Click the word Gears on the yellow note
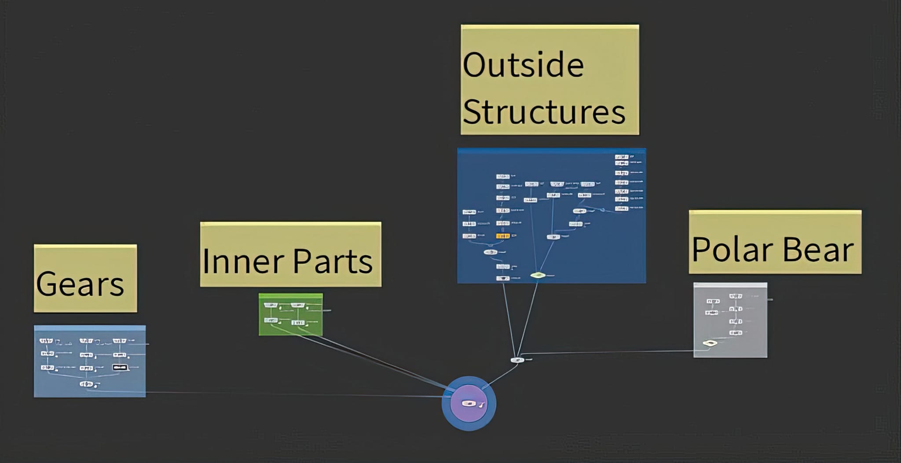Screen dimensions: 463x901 tap(80, 284)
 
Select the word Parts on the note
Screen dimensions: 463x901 tap(333, 261)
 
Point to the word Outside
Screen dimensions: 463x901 tap(523, 65)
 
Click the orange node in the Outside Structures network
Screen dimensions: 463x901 tap(502, 236)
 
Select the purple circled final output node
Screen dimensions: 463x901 tap(469, 403)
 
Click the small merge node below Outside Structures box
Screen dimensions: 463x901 tap(517, 360)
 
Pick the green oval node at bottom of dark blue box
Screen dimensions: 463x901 tap(538, 275)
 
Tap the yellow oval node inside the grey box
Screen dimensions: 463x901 tap(709, 343)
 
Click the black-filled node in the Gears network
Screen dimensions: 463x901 tap(120, 367)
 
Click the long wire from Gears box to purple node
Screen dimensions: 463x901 tap(286, 394)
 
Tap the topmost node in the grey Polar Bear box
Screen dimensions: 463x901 tap(735, 296)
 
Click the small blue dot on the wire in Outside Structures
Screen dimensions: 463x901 tap(602, 210)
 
